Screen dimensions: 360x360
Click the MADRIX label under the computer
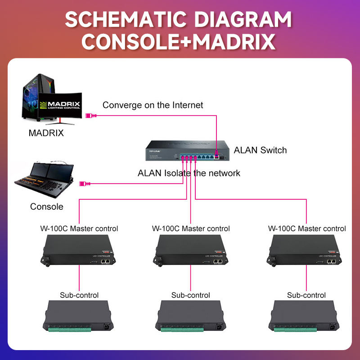[x=46, y=133]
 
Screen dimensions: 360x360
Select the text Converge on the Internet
[x=153, y=105]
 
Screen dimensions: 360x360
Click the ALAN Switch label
[x=260, y=150]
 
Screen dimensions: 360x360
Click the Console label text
[x=47, y=207]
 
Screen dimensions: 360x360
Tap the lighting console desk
[x=45, y=178]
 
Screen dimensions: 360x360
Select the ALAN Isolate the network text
[x=189, y=173]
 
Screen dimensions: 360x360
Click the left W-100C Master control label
[x=79, y=229]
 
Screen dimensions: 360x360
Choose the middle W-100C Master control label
[x=191, y=229]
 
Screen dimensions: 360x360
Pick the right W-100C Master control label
[x=307, y=229]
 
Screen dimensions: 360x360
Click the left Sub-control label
[x=79, y=295]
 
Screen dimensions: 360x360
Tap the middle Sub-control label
[x=191, y=295]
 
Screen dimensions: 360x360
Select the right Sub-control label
[x=306, y=295]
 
